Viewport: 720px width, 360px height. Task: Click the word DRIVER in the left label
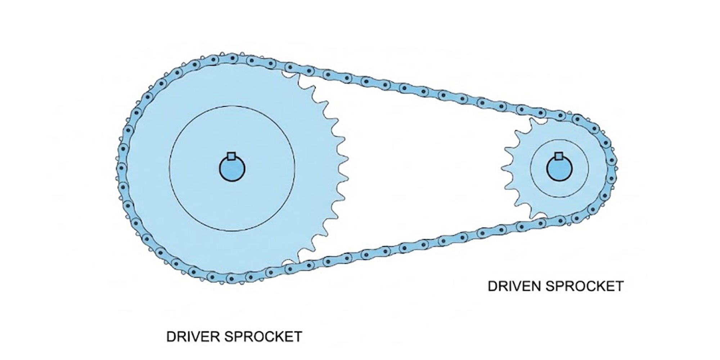coord(193,337)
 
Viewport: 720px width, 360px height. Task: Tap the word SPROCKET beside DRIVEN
coord(584,286)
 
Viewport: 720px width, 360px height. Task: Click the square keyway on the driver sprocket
coord(232,156)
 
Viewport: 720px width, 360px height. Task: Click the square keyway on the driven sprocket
coord(559,156)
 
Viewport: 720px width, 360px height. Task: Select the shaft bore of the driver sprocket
coord(232,169)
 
